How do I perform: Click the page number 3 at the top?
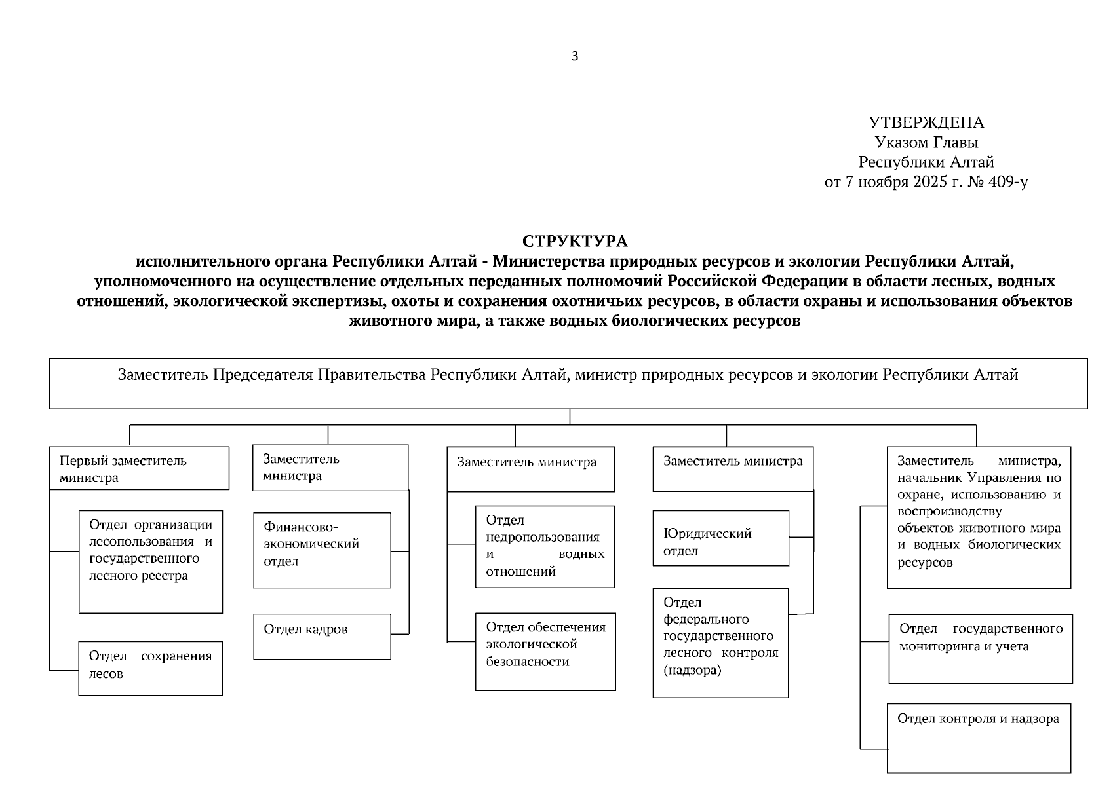point(575,56)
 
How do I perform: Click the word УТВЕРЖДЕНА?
point(926,123)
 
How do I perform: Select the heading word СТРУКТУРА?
point(575,242)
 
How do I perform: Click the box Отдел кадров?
point(322,636)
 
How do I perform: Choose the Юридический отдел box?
point(721,538)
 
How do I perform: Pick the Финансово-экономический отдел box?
point(322,550)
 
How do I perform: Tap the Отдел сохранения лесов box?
point(150,668)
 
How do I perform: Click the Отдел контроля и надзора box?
point(979,738)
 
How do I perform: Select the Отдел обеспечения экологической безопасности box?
point(545,651)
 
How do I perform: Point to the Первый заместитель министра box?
point(139,468)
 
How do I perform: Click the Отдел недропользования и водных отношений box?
point(545,546)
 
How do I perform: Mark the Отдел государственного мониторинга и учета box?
point(981,648)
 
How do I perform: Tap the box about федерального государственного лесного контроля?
point(720,643)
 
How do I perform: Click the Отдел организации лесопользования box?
point(151,561)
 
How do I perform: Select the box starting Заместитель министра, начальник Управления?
point(979,517)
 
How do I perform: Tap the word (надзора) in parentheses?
point(692,671)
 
